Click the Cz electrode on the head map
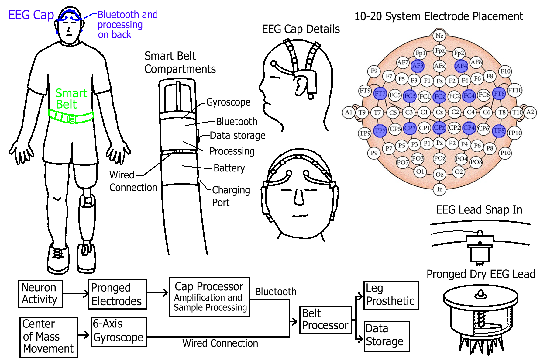point(439,112)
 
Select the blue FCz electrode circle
point(439,96)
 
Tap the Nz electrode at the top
point(439,36)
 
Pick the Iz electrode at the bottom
point(439,189)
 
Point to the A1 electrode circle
point(348,112)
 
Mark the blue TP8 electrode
point(499,130)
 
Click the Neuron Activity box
point(40,294)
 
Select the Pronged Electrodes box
point(117,294)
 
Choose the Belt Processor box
point(325,320)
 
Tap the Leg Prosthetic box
point(391,295)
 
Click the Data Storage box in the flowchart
point(387,336)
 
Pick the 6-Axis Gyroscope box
point(119,332)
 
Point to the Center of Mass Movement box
point(49,337)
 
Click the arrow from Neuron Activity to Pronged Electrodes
point(75,293)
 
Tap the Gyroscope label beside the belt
point(228,102)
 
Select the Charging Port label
point(231,196)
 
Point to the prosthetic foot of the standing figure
point(86,258)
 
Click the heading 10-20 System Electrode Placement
point(439,16)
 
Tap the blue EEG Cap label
point(31,15)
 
